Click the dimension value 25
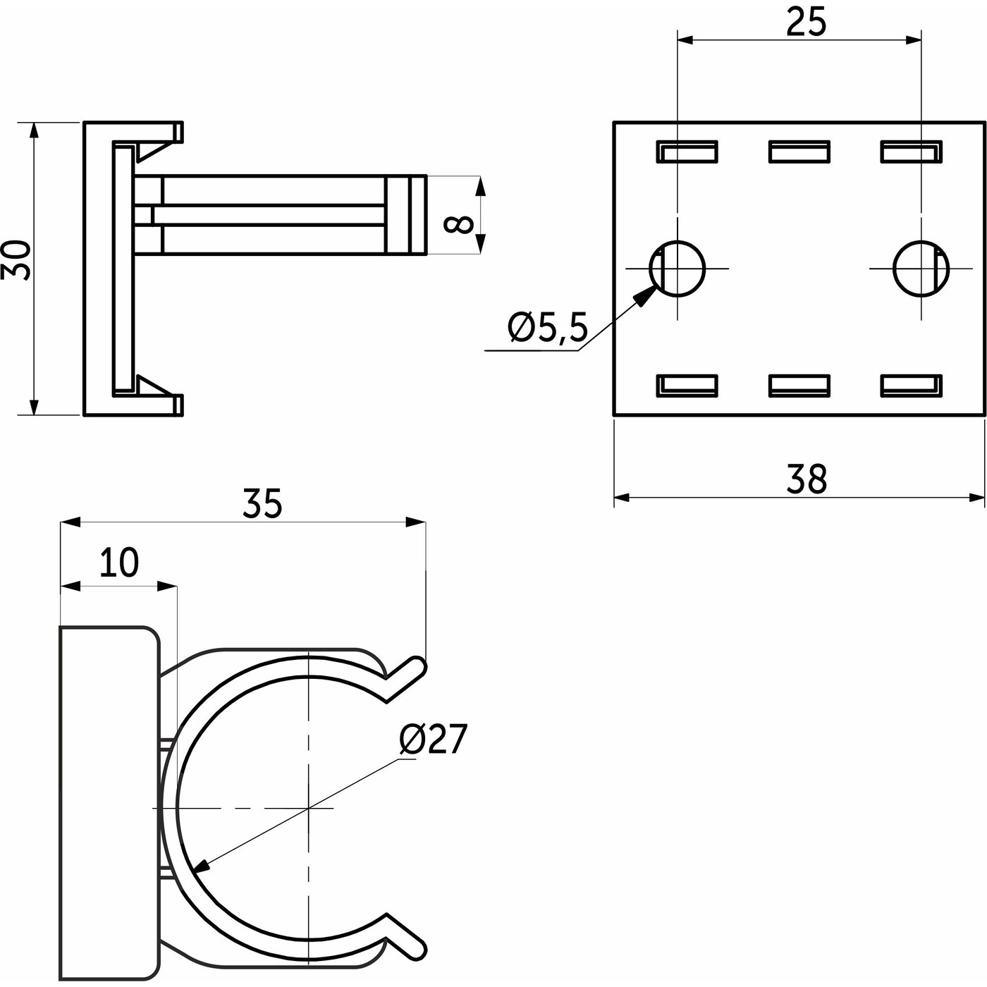pyautogui.click(x=807, y=23)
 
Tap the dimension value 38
pyautogui.click(x=807, y=479)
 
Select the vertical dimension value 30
pyautogui.click(x=16, y=259)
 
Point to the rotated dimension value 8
pyautogui.click(x=458, y=224)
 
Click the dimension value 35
pyautogui.click(x=262, y=503)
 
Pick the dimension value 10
pyautogui.click(x=119, y=562)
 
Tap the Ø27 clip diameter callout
pyautogui.click(x=433, y=739)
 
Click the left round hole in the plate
pyautogui.click(x=677, y=269)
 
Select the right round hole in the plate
pyautogui.click(x=921, y=269)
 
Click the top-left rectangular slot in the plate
pyautogui.click(x=687, y=152)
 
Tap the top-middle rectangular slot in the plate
pyautogui.click(x=799, y=152)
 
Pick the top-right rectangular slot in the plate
pyautogui.click(x=911, y=152)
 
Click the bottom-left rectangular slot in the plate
pyautogui.click(x=687, y=386)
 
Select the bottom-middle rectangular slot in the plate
pyautogui.click(x=799, y=386)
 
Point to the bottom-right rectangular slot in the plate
pyautogui.click(x=911, y=386)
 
